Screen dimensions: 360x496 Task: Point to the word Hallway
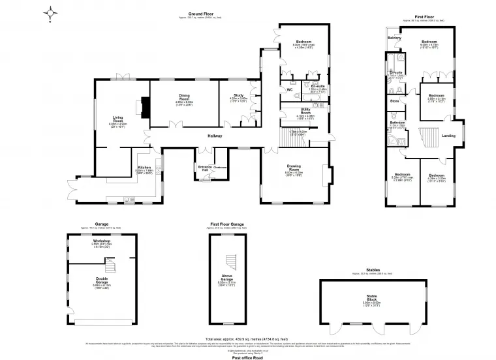215,136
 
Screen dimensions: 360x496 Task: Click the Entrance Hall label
205,168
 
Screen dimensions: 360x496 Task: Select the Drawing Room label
294,168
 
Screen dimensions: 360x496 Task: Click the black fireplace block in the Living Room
145,106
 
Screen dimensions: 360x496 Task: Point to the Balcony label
394,38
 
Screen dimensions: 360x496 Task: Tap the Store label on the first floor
394,101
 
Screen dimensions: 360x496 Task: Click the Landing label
449,136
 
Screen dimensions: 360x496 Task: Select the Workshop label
101,241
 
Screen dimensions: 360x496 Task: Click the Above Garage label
227,280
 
